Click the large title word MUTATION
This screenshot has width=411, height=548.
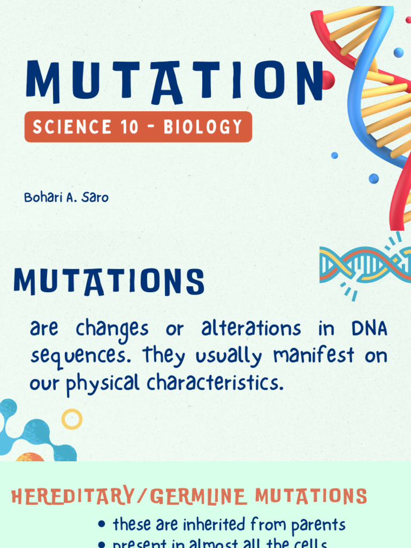[x=174, y=81]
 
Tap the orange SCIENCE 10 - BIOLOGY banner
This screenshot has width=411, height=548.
[x=138, y=127]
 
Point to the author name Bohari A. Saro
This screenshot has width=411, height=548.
[x=66, y=197]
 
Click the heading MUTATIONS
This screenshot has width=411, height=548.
[x=109, y=282]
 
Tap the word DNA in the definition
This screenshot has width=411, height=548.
[x=369, y=329]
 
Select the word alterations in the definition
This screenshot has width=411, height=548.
[x=252, y=329]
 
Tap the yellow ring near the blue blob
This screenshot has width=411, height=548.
[x=72, y=419]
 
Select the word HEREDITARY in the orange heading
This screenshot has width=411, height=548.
[x=72, y=496]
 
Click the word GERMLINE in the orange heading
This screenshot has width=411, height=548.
[x=199, y=496]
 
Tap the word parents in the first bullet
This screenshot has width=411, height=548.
[x=318, y=525]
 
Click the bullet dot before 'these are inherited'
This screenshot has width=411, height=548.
[x=102, y=525]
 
